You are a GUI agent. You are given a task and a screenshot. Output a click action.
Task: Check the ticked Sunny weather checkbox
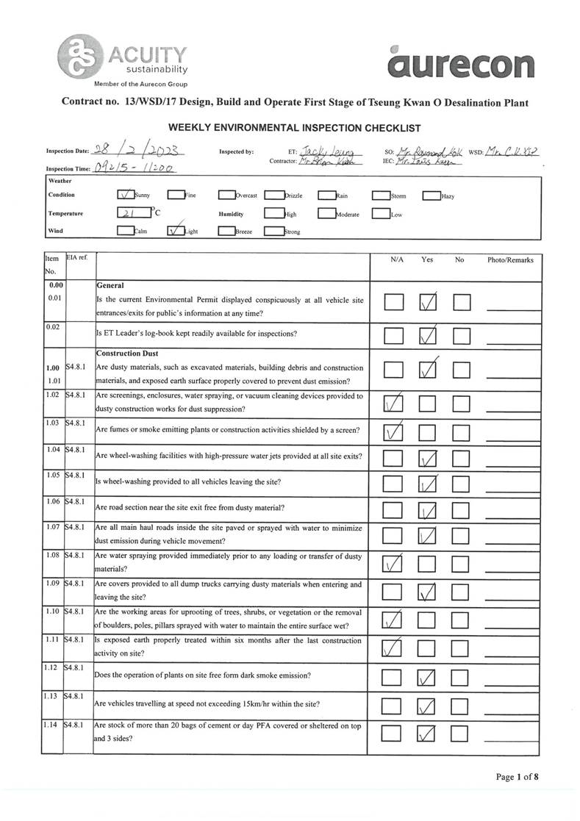click(126, 196)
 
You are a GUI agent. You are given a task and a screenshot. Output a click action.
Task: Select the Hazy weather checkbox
click(431, 196)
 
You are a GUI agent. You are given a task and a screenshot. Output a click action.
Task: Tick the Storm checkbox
click(380, 196)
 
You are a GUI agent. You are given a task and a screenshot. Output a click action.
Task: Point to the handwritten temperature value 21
click(133, 214)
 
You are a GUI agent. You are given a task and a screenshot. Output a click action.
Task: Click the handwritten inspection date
click(137, 151)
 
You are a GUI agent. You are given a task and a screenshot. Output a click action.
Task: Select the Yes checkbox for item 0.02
click(428, 335)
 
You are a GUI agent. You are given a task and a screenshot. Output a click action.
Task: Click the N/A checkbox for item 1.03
click(394, 431)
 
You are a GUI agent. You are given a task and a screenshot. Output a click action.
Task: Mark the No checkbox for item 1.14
click(461, 733)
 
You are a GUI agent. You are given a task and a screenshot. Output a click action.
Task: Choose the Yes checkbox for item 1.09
click(428, 592)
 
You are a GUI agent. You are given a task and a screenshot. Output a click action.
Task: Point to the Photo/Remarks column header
click(510, 260)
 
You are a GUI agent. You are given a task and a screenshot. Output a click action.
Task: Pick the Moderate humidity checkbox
click(326, 214)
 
